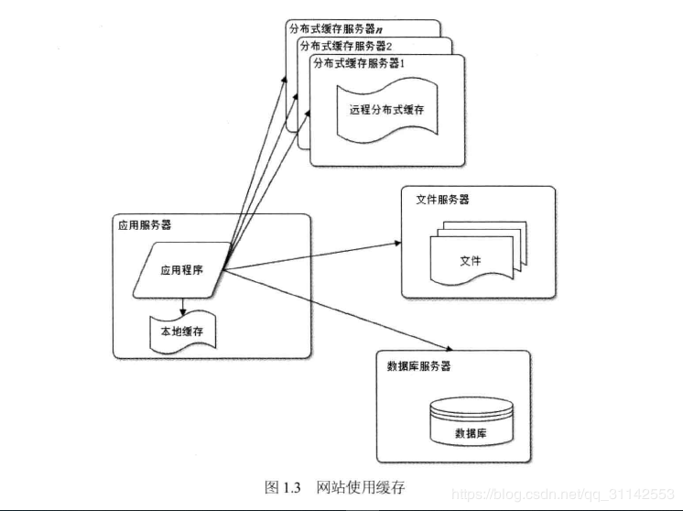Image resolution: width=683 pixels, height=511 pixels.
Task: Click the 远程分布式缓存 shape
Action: (386, 110)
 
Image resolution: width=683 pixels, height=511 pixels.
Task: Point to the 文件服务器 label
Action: (442, 199)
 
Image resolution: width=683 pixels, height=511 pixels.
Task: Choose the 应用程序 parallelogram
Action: (180, 270)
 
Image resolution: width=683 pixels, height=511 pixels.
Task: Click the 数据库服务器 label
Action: (419, 365)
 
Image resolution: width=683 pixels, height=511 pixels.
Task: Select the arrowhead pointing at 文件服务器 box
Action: (396, 244)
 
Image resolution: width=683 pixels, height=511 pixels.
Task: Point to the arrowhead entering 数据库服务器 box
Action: (450, 349)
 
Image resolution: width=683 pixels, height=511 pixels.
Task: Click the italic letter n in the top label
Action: (379, 28)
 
